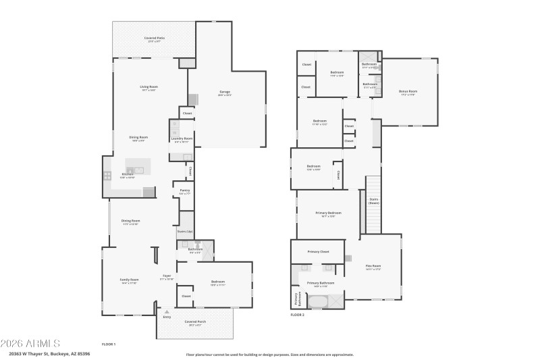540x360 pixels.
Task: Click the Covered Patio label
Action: click(x=154, y=38)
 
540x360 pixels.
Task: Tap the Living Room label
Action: click(x=148, y=86)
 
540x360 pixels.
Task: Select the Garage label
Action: click(x=225, y=93)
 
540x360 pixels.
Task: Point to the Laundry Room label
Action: click(x=182, y=138)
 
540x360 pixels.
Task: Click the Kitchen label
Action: click(x=128, y=175)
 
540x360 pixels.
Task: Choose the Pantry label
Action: click(x=184, y=190)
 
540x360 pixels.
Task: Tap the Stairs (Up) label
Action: click(x=185, y=231)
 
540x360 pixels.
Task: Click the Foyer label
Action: click(x=166, y=276)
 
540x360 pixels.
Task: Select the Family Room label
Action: click(x=129, y=280)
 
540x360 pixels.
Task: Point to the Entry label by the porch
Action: click(x=167, y=316)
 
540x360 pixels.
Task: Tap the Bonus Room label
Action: click(x=408, y=91)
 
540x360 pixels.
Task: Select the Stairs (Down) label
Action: click(x=373, y=201)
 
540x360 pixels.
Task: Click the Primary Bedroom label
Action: click(x=328, y=213)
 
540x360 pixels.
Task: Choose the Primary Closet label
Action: click(x=318, y=251)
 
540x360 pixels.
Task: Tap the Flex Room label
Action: click(x=373, y=265)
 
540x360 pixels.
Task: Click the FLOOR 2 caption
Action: click(x=298, y=315)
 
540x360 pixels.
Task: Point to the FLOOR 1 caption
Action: click(x=109, y=344)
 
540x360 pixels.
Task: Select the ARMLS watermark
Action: click(x=31, y=343)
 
